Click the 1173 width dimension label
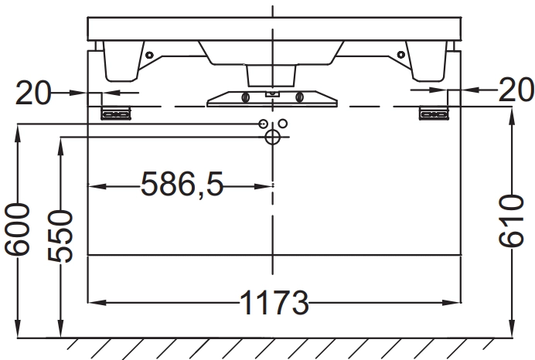(x=274, y=302)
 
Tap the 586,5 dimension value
(x=182, y=184)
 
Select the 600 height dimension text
(x=17, y=229)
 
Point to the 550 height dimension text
(x=60, y=236)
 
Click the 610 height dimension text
(x=511, y=220)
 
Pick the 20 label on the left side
(x=32, y=93)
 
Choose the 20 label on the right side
(x=516, y=90)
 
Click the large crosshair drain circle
(x=272, y=138)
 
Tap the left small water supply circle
(x=263, y=124)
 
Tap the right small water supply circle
(x=283, y=123)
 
